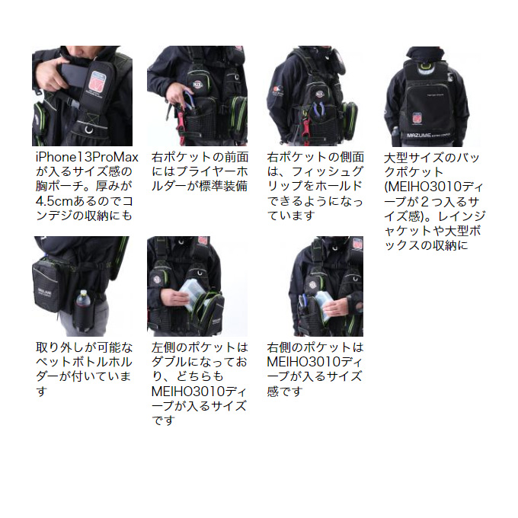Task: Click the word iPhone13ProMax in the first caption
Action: coord(87,157)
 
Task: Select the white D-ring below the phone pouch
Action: coord(89,129)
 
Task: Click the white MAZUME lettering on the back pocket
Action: coord(418,136)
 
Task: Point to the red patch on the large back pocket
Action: coord(417,118)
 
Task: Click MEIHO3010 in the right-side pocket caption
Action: coord(305,362)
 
